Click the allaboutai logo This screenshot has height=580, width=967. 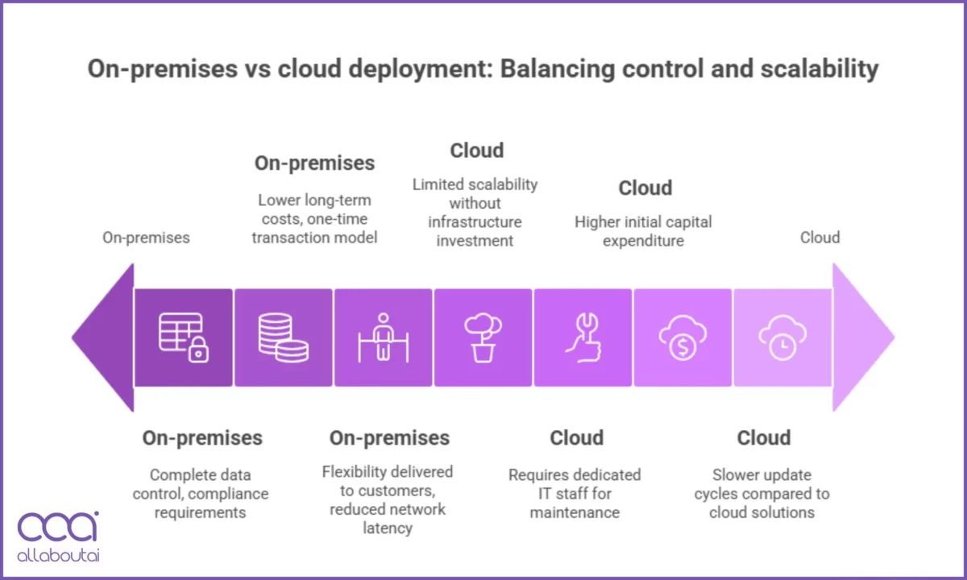tap(58, 535)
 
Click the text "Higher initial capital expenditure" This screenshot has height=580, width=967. tap(643, 231)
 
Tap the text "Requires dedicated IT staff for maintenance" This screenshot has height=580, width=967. tap(575, 493)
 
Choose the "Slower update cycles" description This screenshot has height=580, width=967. tap(762, 493)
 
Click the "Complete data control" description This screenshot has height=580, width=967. tap(201, 493)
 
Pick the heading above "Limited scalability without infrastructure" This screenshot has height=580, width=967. tap(476, 151)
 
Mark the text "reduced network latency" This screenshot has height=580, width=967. tap(388, 519)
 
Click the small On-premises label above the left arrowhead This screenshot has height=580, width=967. tap(146, 238)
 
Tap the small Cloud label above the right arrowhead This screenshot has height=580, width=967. tap(820, 238)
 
